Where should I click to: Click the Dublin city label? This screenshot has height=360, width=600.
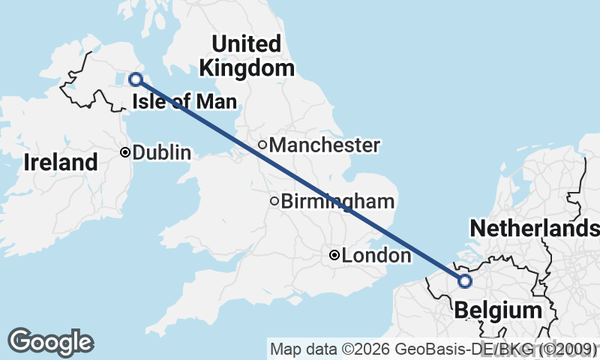(x=161, y=152)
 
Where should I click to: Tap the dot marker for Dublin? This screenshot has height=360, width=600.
(x=125, y=152)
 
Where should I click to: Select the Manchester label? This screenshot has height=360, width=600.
(x=324, y=145)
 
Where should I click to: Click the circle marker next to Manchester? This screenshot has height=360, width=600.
(x=262, y=145)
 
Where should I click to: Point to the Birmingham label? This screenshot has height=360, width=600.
(x=337, y=201)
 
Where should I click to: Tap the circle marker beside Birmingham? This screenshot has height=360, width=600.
(x=274, y=201)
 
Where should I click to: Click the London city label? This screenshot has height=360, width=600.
(x=376, y=256)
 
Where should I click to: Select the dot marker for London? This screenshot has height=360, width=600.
(x=334, y=256)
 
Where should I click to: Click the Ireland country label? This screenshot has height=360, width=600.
(x=61, y=162)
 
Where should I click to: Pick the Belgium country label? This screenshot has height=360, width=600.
(x=498, y=310)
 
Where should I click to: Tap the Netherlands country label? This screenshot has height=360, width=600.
(x=534, y=228)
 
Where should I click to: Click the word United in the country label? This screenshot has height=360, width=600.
(x=246, y=43)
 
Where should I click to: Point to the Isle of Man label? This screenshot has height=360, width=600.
(x=184, y=101)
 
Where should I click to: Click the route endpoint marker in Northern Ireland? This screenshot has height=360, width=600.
(x=136, y=79)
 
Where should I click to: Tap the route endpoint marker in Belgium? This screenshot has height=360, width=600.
(x=464, y=281)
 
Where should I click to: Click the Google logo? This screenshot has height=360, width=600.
(x=51, y=342)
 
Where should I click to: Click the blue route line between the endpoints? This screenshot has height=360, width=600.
(x=300, y=180)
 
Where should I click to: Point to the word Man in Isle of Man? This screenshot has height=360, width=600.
(x=220, y=101)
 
